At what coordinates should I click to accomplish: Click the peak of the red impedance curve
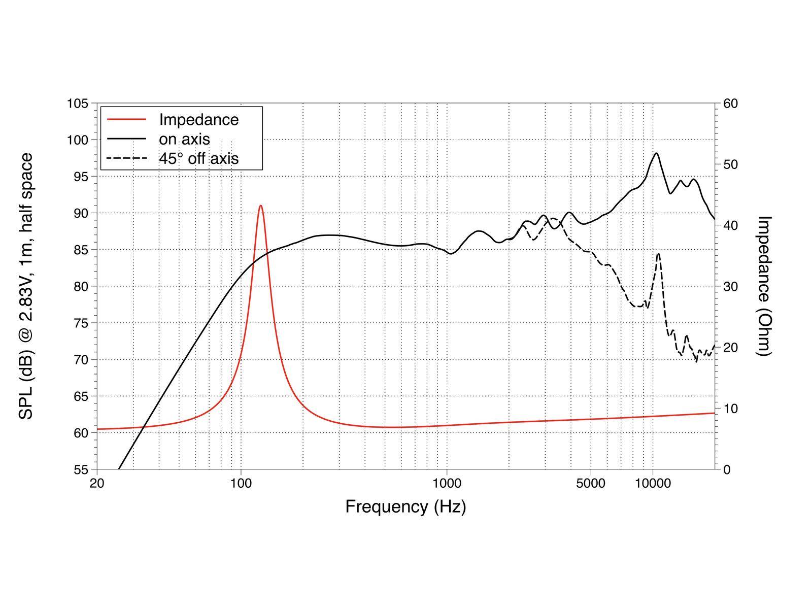click(x=261, y=206)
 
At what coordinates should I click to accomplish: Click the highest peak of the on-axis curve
click(x=656, y=153)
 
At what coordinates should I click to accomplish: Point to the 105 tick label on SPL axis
click(x=78, y=104)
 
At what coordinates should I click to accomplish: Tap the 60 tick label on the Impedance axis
click(x=730, y=104)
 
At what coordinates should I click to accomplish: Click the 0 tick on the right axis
click(x=727, y=469)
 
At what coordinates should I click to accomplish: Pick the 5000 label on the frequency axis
click(x=591, y=483)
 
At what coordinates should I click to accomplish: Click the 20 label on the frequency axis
click(x=97, y=483)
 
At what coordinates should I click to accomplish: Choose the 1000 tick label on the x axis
click(x=447, y=483)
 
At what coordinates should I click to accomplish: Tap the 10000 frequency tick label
click(x=653, y=483)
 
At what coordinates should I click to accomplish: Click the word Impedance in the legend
click(x=198, y=120)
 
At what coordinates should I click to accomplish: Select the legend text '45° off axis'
click(x=198, y=158)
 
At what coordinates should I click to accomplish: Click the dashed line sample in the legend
click(x=126, y=158)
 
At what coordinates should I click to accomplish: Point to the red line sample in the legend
click(x=126, y=120)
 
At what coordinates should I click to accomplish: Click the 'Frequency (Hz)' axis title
click(x=405, y=506)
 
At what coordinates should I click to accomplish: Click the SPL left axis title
click(x=26, y=286)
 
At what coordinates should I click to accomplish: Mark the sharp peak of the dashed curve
click(x=658, y=253)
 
